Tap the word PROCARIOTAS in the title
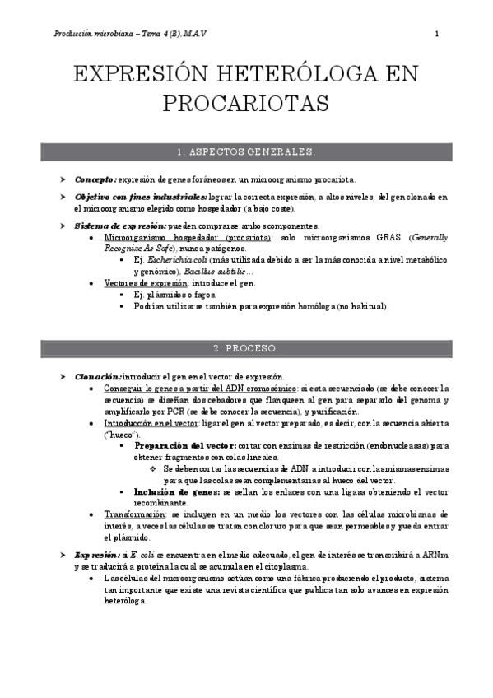(x=245, y=105)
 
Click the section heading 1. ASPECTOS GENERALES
(x=245, y=152)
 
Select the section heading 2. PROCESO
(x=245, y=348)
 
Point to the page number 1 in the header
(x=436, y=34)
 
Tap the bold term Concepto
(x=95, y=179)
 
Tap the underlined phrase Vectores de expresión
(x=145, y=283)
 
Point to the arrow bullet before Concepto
(x=63, y=179)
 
